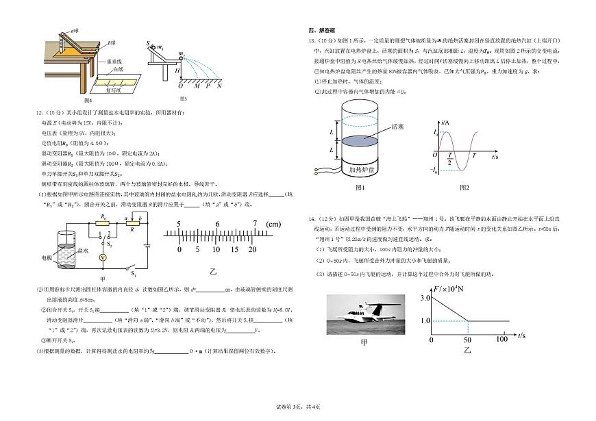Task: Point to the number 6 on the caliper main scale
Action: pos(217,225)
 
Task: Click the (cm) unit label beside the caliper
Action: pos(273,225)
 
